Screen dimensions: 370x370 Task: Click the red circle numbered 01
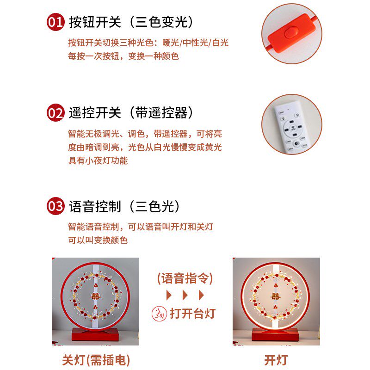[x=55, y=22]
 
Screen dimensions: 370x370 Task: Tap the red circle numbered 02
[x=55, y=113]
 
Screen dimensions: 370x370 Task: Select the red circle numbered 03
[x=55, y=206]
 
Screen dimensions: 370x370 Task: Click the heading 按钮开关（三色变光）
[x=131, y=22]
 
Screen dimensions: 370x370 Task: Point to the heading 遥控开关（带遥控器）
[x=131, y=112]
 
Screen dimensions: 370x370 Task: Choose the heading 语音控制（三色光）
[x=125, y=206]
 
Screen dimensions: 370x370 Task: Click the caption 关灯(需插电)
[x=96, y=360]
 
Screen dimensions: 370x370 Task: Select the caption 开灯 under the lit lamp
[x=276, y=360]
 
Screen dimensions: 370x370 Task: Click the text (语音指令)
[x=185, y=278]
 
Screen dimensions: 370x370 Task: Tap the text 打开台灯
[x=192, y=313]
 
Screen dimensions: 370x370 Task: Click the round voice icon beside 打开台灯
[x=159, y=313]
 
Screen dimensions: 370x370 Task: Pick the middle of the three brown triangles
[x=185, y=295]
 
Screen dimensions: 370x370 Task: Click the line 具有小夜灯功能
[x=98, y=160]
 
